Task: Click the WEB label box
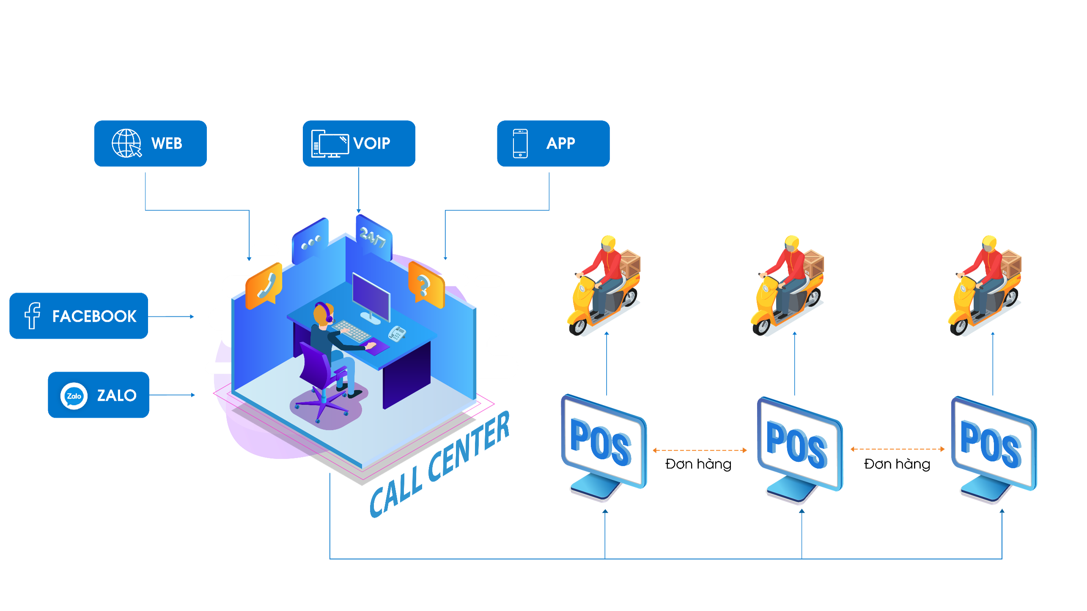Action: [150, 143]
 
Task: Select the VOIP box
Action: [359, 143]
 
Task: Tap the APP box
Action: [553, 143]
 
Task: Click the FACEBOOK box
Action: [79, 316]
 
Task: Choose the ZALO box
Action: [99, 395]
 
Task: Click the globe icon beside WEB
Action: [126, 143]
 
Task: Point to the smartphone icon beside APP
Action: [520, 143]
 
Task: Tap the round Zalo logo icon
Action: [74, 396]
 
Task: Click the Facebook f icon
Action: [32, 315]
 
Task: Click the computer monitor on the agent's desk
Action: [371, 298]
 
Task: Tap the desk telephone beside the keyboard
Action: [397, 333]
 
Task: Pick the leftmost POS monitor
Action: [604, 446]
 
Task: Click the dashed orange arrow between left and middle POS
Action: [700, 450]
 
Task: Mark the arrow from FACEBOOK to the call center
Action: [171, 316]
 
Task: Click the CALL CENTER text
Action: [440, 465]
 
